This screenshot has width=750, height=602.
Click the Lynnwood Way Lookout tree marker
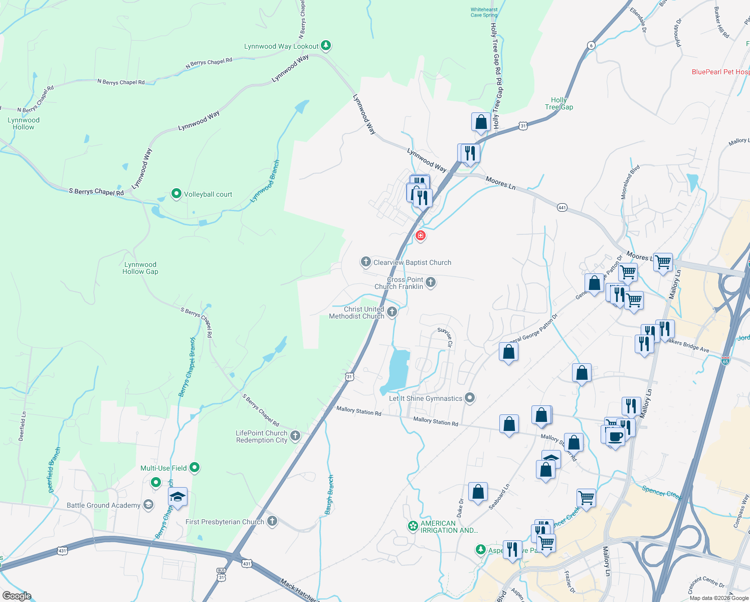pyautogui.click(x=326, y=46)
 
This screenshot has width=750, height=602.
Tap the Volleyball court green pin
pyautogui.click(x=176, y=194)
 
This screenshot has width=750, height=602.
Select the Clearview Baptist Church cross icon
pyautogui.click(x=366, y=262)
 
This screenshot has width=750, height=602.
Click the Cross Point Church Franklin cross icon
pyautogui.click(x=431, y=283)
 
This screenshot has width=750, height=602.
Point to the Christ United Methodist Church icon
pyautogui.click(x=392, y=312)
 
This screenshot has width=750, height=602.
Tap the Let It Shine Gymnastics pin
pyautogui.click(x=470, y=398)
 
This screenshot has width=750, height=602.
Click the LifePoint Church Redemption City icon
pyautogui.click(x=295, y=436)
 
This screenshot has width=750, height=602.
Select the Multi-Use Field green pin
pyautogui.click(x=195, y=468)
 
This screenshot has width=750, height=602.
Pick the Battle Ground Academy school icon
pyautogui.click(x=148, y=505)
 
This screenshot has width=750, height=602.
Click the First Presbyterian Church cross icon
pyautogui.click(x=272, y=521)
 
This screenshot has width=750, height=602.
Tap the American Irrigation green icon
pyautogui.click(x=413, y=526)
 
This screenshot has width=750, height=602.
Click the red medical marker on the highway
pyautogui.click(x=421, y=235)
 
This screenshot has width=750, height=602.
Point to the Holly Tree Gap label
pyautogui.click(x=558, y=103)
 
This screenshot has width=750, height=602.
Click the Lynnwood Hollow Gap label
pyautogui.click(x=140, y=268)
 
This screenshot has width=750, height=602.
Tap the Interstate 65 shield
pyautogui.click(x=725, y=360)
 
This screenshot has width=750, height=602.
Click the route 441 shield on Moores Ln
pyautogui.click(x=562, y=207)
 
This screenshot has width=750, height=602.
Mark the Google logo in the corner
pyautogui.click(x=17, y=596)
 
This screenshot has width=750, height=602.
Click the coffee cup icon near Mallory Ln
pyautogui.click(x=615, y=436)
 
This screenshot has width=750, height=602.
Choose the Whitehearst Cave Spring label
pyautogui.click(x=484, y=13)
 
